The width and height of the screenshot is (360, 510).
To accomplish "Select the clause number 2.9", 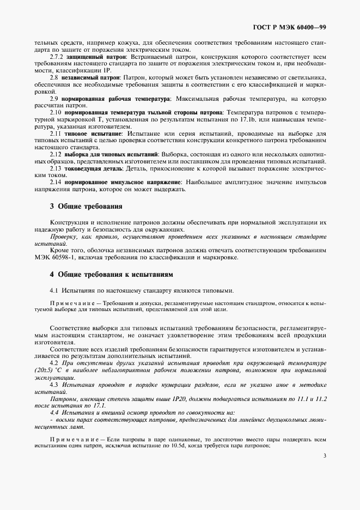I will coord(54,98).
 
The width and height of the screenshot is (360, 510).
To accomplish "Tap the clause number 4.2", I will coord(54,362).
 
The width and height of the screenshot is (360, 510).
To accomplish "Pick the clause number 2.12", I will coord(56,155).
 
